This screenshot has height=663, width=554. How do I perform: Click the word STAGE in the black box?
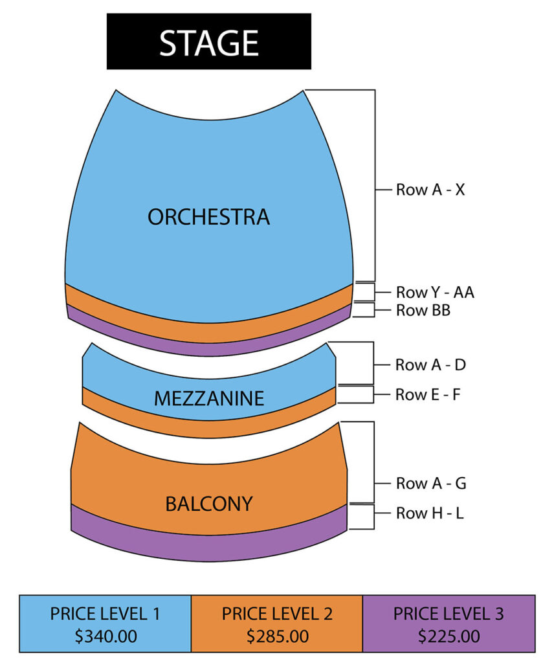pos(209,43)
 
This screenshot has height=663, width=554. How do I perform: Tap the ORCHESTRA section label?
pos(209,217)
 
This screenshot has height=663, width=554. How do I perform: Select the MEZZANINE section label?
pos(209,398)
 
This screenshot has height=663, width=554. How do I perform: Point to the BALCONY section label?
pos(209,504)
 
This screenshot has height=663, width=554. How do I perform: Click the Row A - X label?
pos(430,190)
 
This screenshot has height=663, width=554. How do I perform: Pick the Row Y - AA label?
pos(435,292)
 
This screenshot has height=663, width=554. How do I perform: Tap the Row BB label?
pos(423,310)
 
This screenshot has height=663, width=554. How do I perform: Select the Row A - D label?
pos(430,365)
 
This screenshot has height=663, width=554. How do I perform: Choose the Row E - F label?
pos(428,394)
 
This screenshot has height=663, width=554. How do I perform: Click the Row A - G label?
pos(431,483)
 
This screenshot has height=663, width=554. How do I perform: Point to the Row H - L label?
pos(430,513)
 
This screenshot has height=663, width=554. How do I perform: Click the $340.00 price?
pos(105,636)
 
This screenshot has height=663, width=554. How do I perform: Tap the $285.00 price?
pos(278,636)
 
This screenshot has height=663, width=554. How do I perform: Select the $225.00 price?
pos(449,636)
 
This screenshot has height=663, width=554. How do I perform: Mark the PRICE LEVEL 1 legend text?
pos(105,614)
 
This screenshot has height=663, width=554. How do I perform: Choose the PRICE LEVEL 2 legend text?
pos(277,614)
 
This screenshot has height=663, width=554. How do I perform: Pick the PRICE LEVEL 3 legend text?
pos(449,614)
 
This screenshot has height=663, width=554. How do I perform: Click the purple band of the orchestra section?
pos(209,349)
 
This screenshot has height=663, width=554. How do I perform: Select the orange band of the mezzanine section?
pos(209,429)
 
